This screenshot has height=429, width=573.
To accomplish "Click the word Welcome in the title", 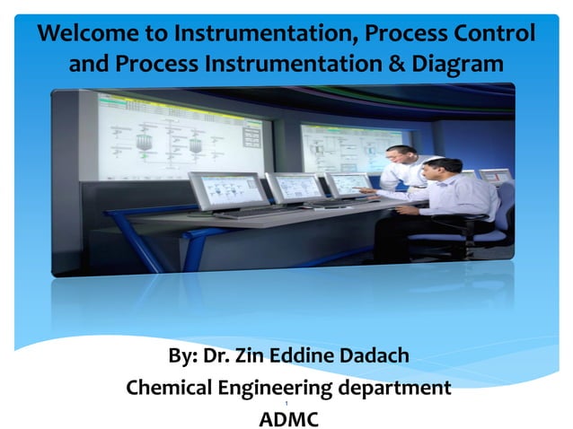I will coord(86,35).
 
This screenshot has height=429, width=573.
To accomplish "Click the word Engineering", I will coord(282,388).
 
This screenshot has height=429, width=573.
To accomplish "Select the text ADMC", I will coord(287,417).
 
